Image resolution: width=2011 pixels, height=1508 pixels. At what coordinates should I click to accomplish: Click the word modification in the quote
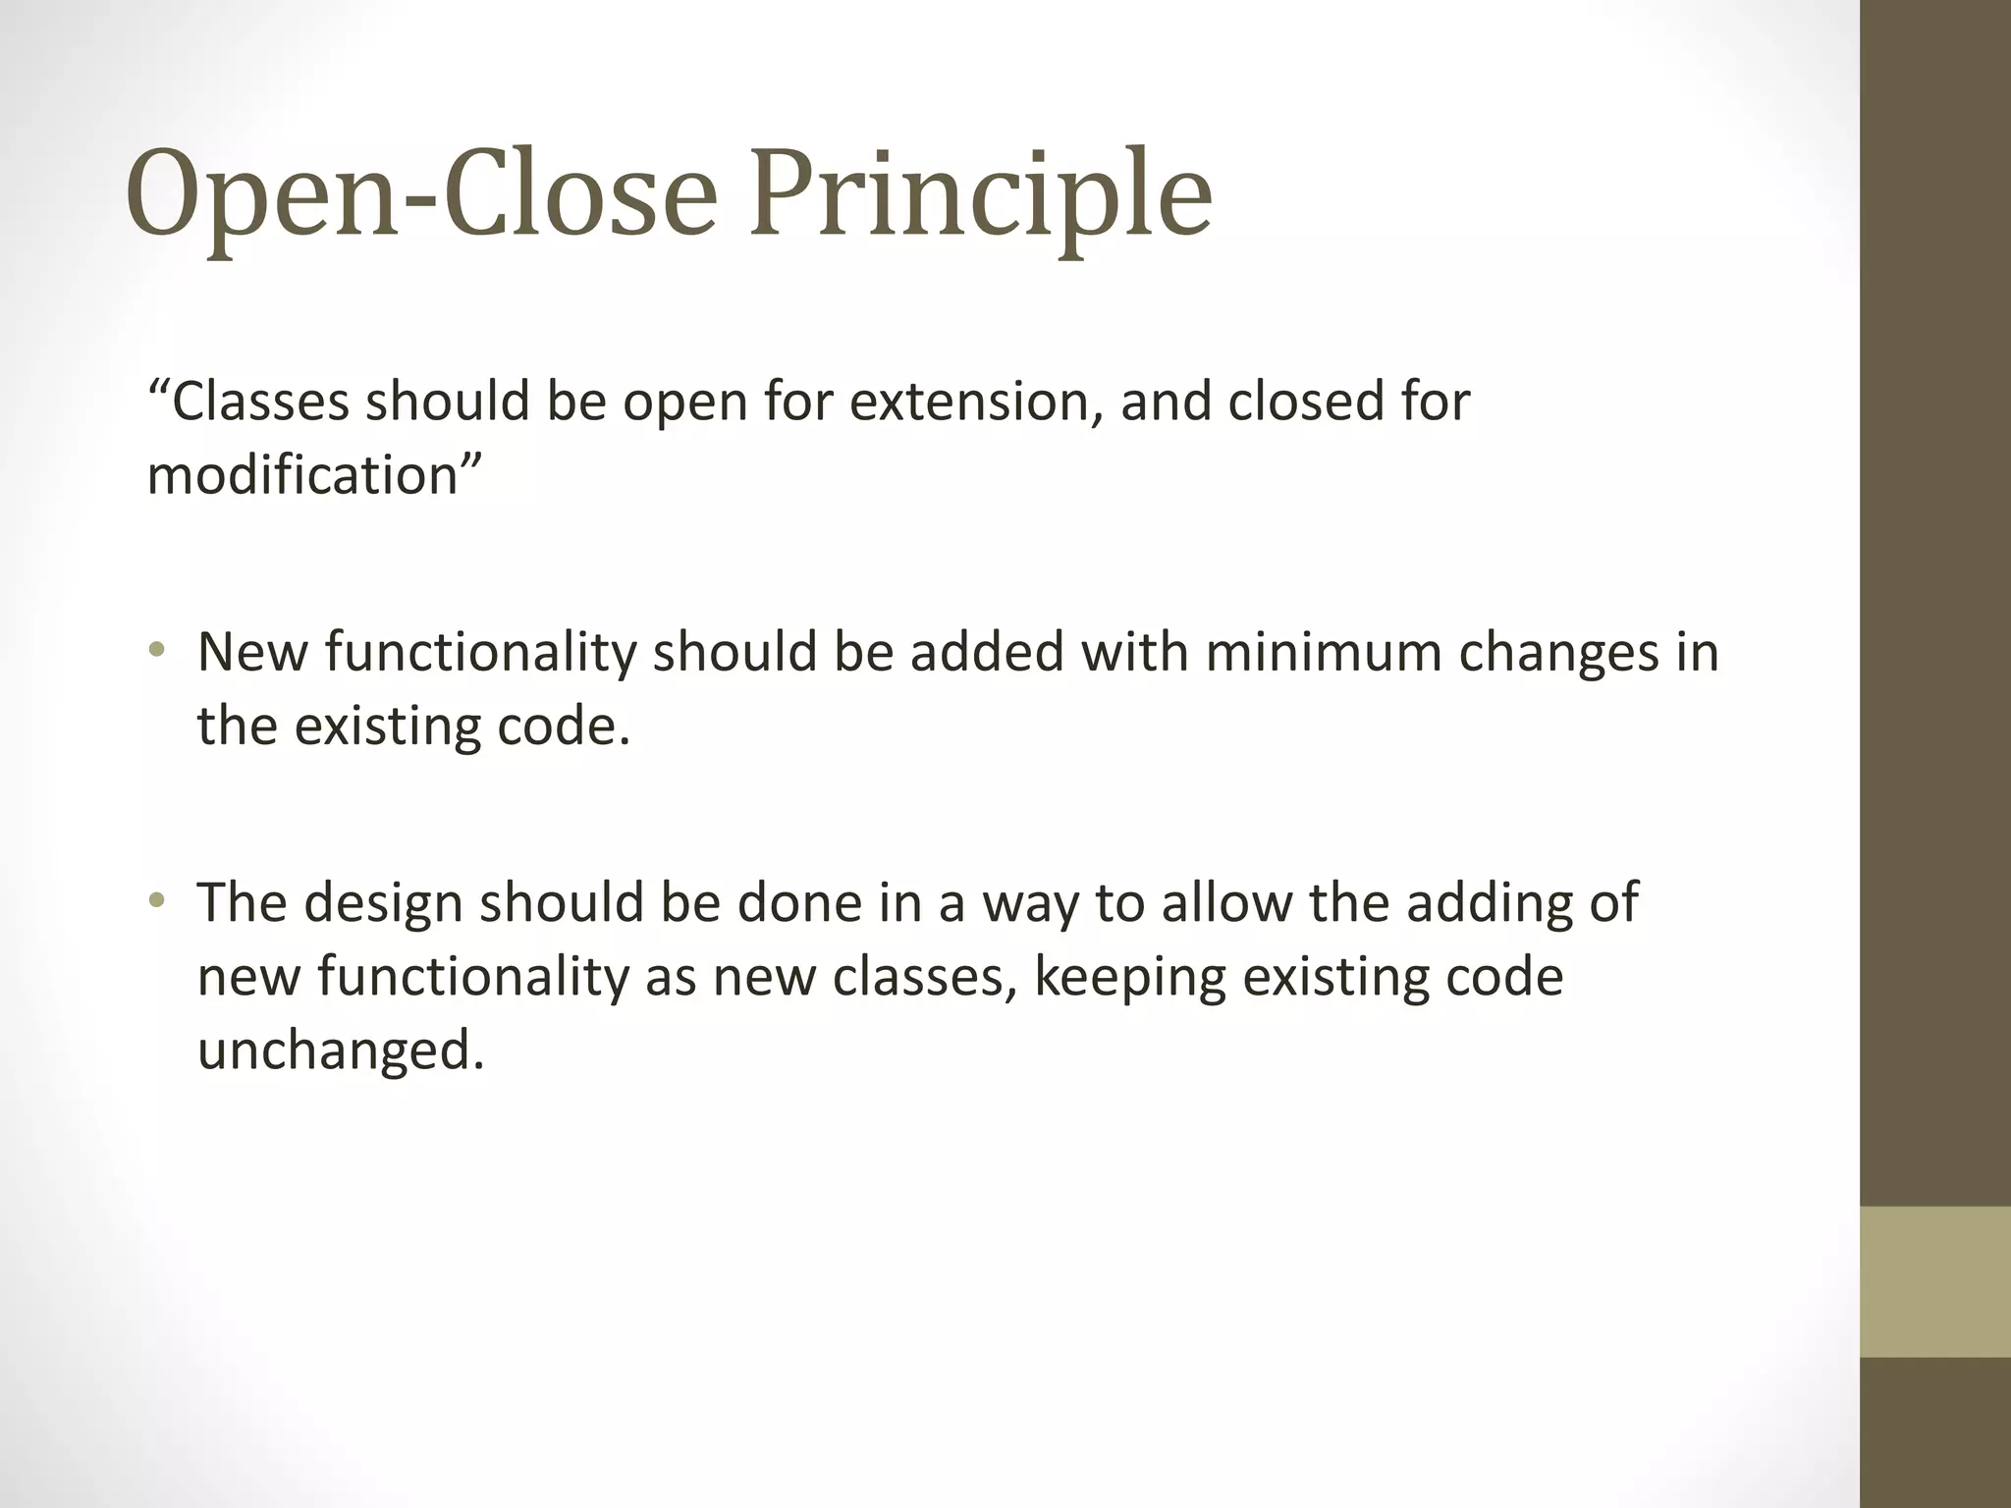click(x=302, y=475)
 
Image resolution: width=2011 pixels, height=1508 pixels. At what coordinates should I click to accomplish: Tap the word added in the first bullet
click(x=987, y=652)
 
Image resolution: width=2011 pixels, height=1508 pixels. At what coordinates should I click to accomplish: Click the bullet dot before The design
click(x=157, y=899)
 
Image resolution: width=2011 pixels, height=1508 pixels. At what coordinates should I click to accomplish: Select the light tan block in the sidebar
click(x=1934, y=1281)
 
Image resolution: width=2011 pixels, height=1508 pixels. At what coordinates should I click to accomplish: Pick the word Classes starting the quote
click(x=260, y=402)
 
